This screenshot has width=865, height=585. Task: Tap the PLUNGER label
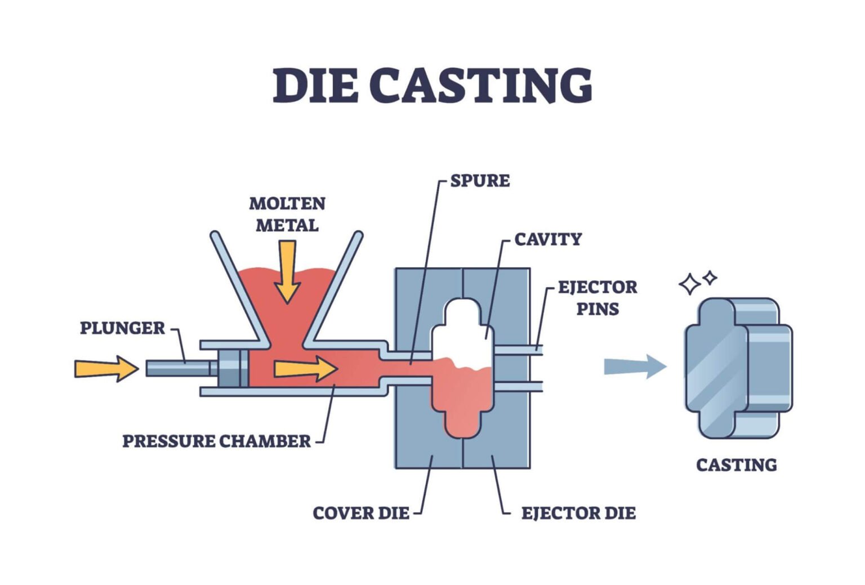[x=122, y=328]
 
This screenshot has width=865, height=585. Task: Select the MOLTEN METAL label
[x=287, y=214]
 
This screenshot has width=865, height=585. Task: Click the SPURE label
[x=480, y=181]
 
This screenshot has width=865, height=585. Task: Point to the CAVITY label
[x=547, y=239]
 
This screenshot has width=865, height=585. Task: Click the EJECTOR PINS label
[x=597, y=298]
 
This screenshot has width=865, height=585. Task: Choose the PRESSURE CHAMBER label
[x=216, y=441]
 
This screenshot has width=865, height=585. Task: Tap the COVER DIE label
[x=361, y=513]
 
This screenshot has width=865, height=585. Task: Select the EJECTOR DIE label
[x=578, y=513]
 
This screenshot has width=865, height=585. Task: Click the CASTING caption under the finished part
[x=736, y=465]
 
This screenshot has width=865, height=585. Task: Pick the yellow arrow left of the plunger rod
[x=106, y=368]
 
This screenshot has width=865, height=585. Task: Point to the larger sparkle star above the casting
[x=689, y=284]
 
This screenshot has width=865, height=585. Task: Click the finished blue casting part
[x=738, y=369]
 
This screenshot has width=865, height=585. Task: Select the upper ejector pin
[x=518, y=350]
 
